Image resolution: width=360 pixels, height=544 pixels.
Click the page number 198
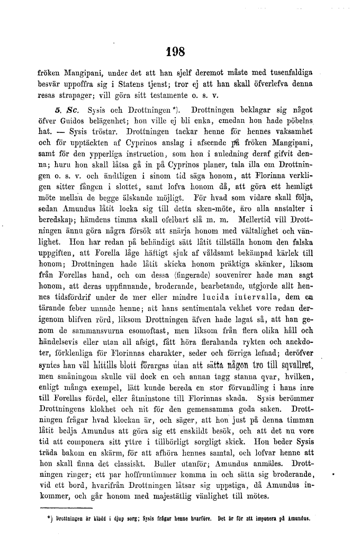175,51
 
